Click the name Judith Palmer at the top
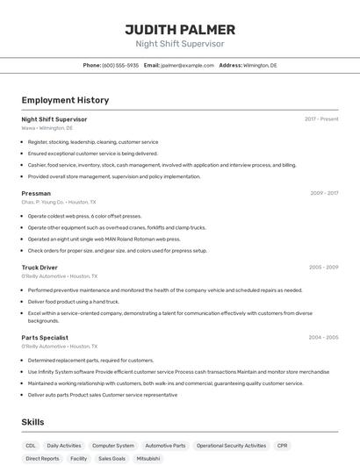point(180,29)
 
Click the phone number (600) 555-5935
point(120,65)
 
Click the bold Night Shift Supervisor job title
point(54,118)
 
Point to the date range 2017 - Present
point(321,118)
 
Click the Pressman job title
point(36,193)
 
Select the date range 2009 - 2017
point(324,193)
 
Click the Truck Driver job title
point(40,267)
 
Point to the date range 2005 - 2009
point(323,267)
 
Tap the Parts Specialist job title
point(46,337)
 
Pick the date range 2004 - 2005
point(323,337)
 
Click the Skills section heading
point(32,422)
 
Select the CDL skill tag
point(31,446)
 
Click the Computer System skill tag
point(113,446)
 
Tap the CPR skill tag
point(283,446)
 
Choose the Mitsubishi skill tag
point(148,459)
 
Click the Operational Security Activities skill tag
point(231,446)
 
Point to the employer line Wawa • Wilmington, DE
point(47,128)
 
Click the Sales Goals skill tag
point(112,459)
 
